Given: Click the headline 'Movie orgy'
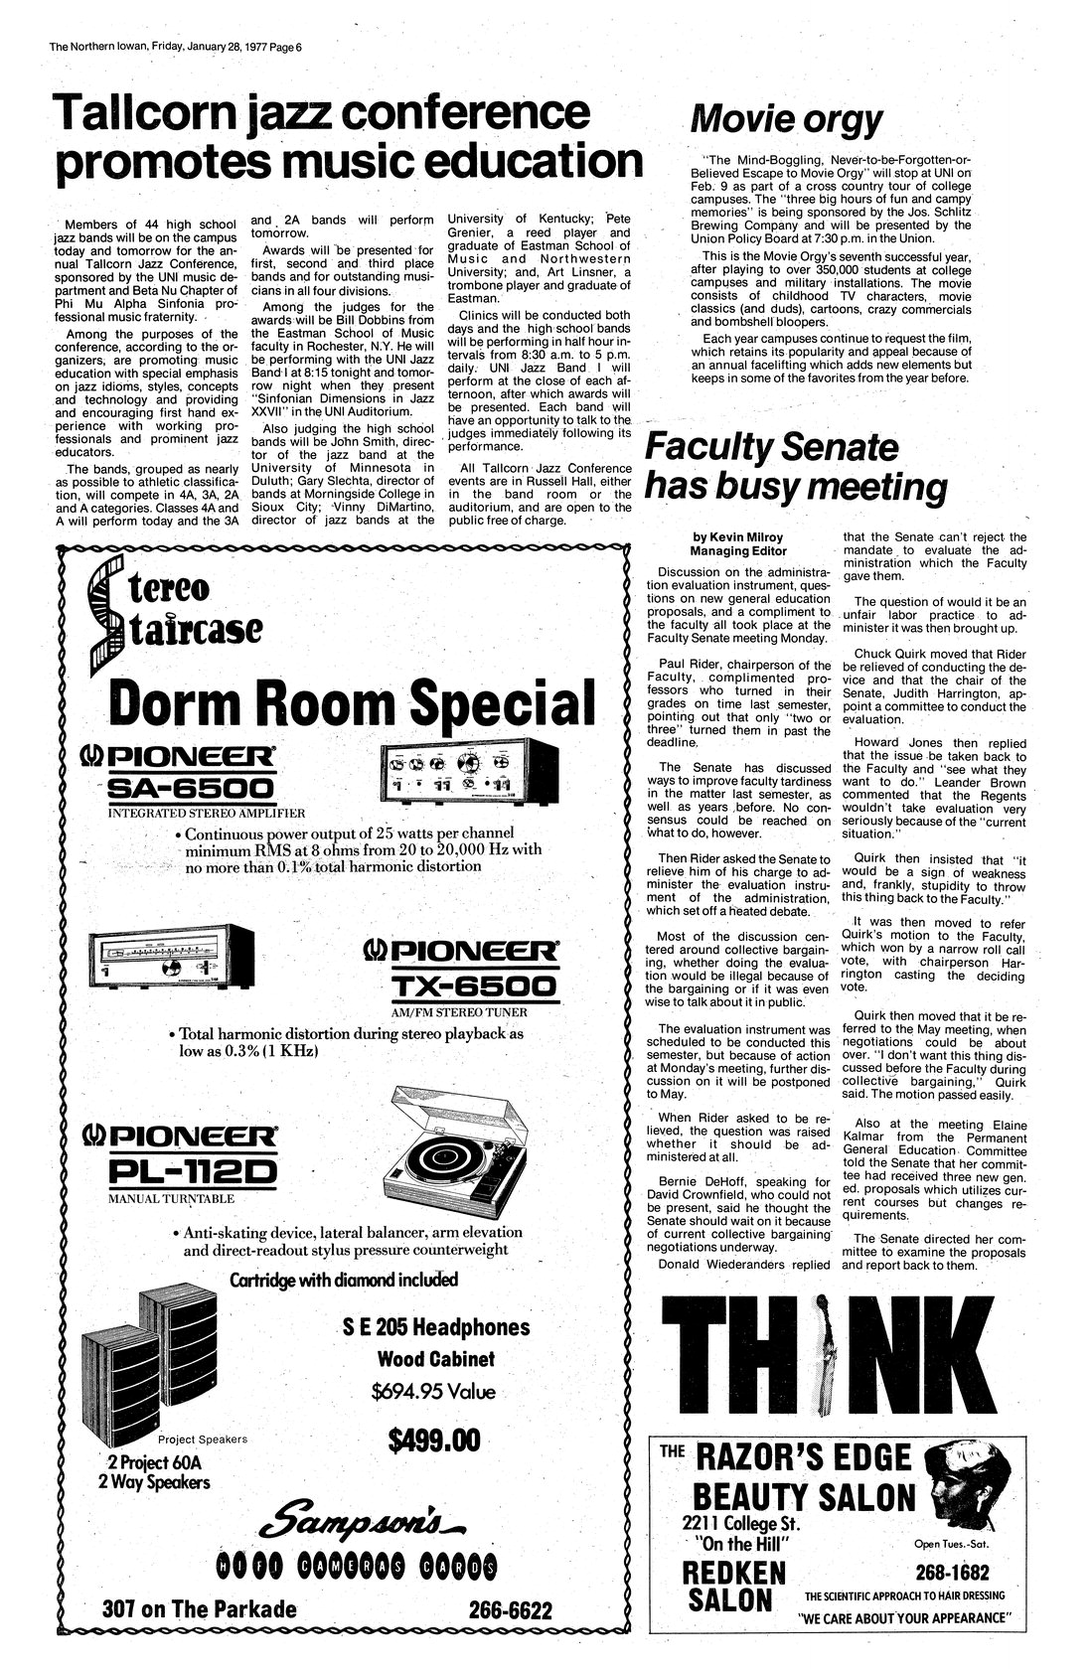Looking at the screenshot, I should click(786, 120).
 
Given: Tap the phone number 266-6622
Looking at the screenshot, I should click(510, 1608).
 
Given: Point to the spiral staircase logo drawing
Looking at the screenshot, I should click(102, 614).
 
